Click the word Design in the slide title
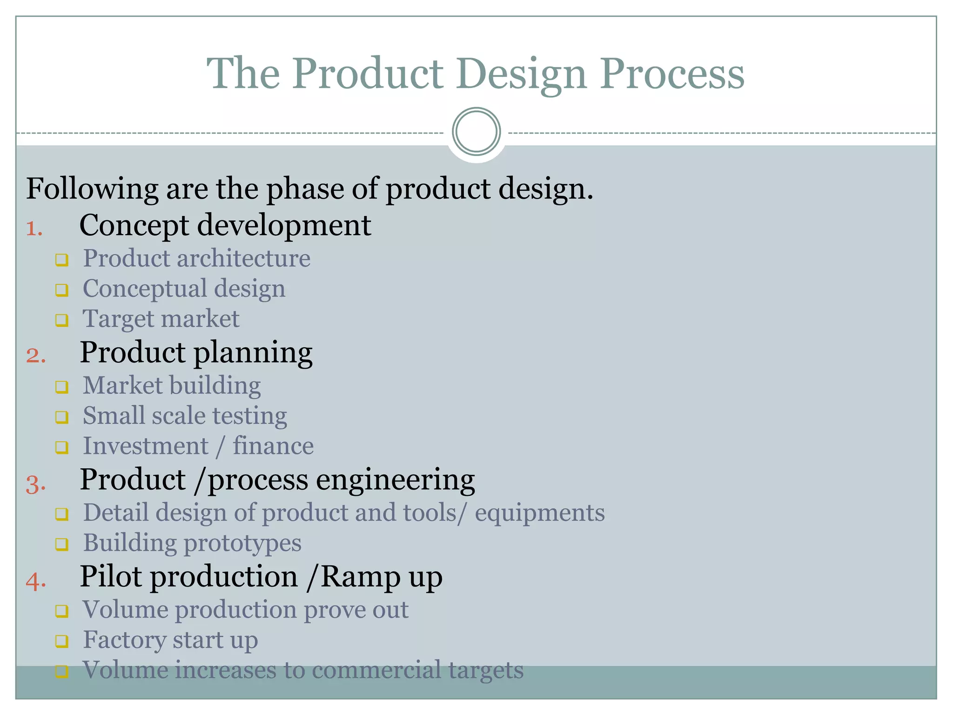(x=521, y=74)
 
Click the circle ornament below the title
(x=476, y=132)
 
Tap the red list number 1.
(x=34, y=229)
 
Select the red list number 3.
(x=36, y=485)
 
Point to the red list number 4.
(x=36, y=581)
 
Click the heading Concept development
(x=225, y=226)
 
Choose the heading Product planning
(x=196, y=353)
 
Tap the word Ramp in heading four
(x=360, y=577)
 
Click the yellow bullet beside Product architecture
(x=62, y=260)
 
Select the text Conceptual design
(x=184, y=289)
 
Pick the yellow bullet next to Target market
(x=62, y=320)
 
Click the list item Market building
(x=171, y=386)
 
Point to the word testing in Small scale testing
(x=250, y=416)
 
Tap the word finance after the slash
(x=273, y=446)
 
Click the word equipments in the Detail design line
(x=539, y=513)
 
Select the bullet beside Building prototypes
(x=62, y=544)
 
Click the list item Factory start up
(x=170, y=640)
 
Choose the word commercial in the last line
(x=376, y=670)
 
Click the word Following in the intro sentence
(x=92, y=189)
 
